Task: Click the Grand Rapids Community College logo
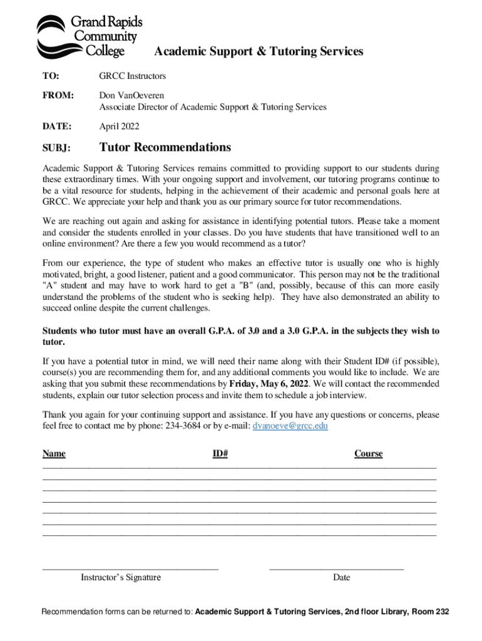coord(89,36)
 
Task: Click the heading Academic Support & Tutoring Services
coord(259,51)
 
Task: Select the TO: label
coord(51,76)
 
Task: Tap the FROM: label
coord(58,96)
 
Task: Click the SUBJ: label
coord(56,149)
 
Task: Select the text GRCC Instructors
coord(133,76)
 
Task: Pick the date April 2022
coord(120,126)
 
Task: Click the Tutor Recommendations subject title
coord(165,148)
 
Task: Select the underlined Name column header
coord(54,453)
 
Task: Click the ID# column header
coord(220,453)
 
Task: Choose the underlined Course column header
coord(368,453)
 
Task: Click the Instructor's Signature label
coord(121,577)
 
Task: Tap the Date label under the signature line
coord(342,577)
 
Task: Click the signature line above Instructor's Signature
coord(130,569)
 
